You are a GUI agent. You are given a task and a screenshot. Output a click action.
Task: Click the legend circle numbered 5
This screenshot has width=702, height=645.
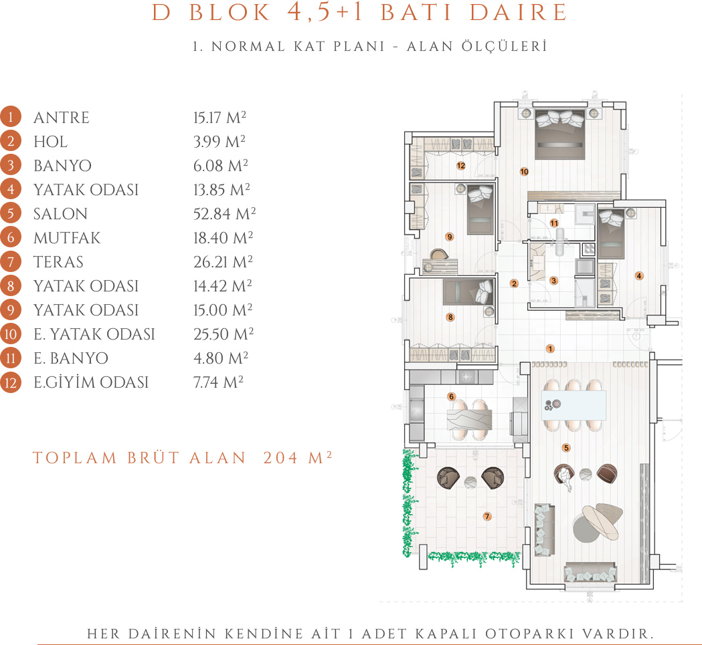(10, 214)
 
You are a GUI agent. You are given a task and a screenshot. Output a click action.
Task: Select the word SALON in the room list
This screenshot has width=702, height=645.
(60, 214)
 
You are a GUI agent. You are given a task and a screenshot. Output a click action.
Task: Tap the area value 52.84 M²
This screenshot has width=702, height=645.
(224, 213)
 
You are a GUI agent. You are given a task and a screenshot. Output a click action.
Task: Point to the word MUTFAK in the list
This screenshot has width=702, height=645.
(67, 238)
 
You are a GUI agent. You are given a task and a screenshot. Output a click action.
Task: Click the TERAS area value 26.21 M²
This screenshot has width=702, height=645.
(223, 261)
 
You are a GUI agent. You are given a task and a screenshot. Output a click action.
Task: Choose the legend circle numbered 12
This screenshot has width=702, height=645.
(10, 382)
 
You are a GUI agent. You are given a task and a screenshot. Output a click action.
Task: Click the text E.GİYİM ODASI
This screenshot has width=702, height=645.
(91, 382)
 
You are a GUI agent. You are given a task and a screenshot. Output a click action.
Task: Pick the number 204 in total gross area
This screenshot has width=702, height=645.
(280, 458)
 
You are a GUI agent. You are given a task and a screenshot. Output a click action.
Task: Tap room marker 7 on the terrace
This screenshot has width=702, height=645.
(487, 517)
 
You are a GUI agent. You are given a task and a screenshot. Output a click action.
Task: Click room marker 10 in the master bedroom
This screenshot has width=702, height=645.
(524, 171)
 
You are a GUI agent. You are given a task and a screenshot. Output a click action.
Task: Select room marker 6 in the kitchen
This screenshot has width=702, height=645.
(451, 396)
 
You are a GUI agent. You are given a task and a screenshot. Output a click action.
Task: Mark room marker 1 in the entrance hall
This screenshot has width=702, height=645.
(550, 348)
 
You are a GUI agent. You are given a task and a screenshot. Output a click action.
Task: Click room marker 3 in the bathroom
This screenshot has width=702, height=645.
(554, 281)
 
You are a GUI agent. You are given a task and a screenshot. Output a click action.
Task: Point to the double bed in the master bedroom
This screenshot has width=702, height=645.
(560, 134)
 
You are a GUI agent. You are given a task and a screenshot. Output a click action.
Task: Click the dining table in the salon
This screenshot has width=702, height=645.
(574, 405)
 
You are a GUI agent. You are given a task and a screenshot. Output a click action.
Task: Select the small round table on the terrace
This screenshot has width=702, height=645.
(470, 482)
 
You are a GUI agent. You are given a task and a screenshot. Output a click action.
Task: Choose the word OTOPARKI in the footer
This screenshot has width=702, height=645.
(529, 634)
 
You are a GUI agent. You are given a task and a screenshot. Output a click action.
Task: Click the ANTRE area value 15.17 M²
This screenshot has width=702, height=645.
(220, 117)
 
